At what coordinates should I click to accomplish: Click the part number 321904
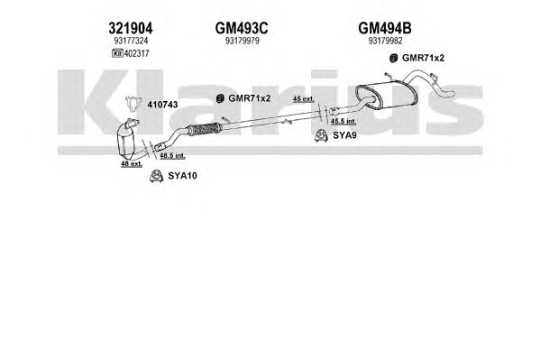click(x=131, y=28)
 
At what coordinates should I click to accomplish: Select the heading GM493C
click(x=242, y=28)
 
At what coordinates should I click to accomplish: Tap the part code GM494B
click(x=385, y=28)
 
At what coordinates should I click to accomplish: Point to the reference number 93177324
click(x=131, y=41)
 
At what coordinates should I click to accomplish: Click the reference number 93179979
click(x=243, y=41)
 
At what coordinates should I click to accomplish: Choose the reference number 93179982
click(x=385, y=41)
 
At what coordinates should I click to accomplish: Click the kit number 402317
click(x=136, y=53)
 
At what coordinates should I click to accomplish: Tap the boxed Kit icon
click(x=117, y=53)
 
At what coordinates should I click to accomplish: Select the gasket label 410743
click(x=162, y=105)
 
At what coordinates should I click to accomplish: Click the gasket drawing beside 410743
click(x=133, y=104)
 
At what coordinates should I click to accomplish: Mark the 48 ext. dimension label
click(x=132, y=164)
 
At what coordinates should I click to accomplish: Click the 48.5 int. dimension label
click(x=172, y=156)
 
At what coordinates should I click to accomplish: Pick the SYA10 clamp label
click(x=182, y=176)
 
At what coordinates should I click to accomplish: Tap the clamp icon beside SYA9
click(x=321, y=135)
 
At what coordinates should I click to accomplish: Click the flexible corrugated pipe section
click(x=203, y=129)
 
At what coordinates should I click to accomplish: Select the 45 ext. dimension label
click(x=304, y=98)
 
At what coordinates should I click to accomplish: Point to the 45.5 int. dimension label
click(x=343, y=121)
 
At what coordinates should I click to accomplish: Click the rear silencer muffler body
click(x=386, y=95)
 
